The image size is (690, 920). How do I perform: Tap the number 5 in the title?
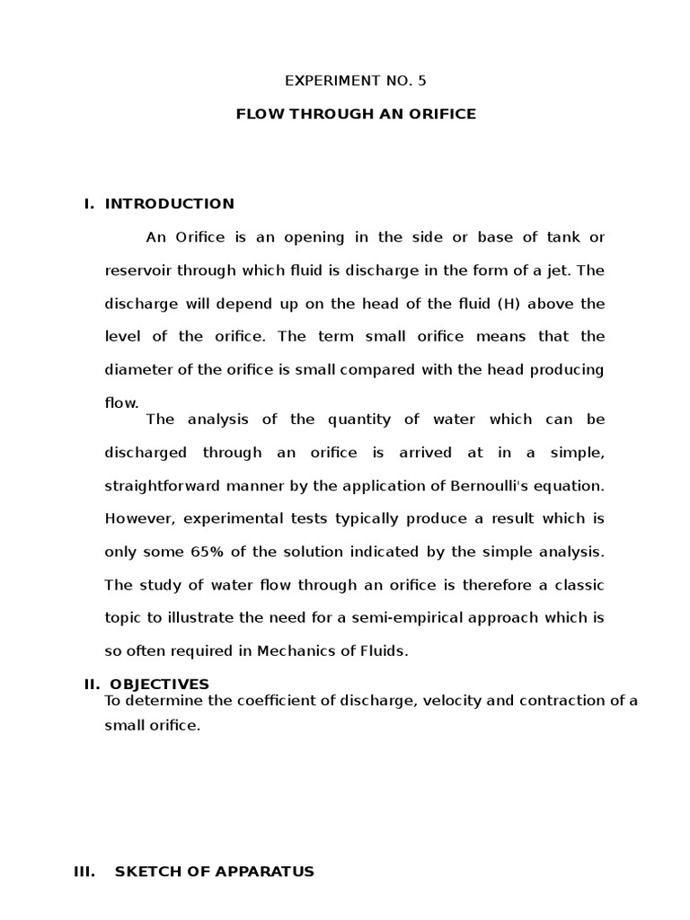click(x=422, y=81)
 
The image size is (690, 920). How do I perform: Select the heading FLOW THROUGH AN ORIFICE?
click(x=356, y=114)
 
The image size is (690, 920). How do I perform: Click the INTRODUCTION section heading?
click(x=170, y=204)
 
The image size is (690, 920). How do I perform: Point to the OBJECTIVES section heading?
click(x=157, y=684)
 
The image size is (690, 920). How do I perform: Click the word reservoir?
click(x=137, y=270)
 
